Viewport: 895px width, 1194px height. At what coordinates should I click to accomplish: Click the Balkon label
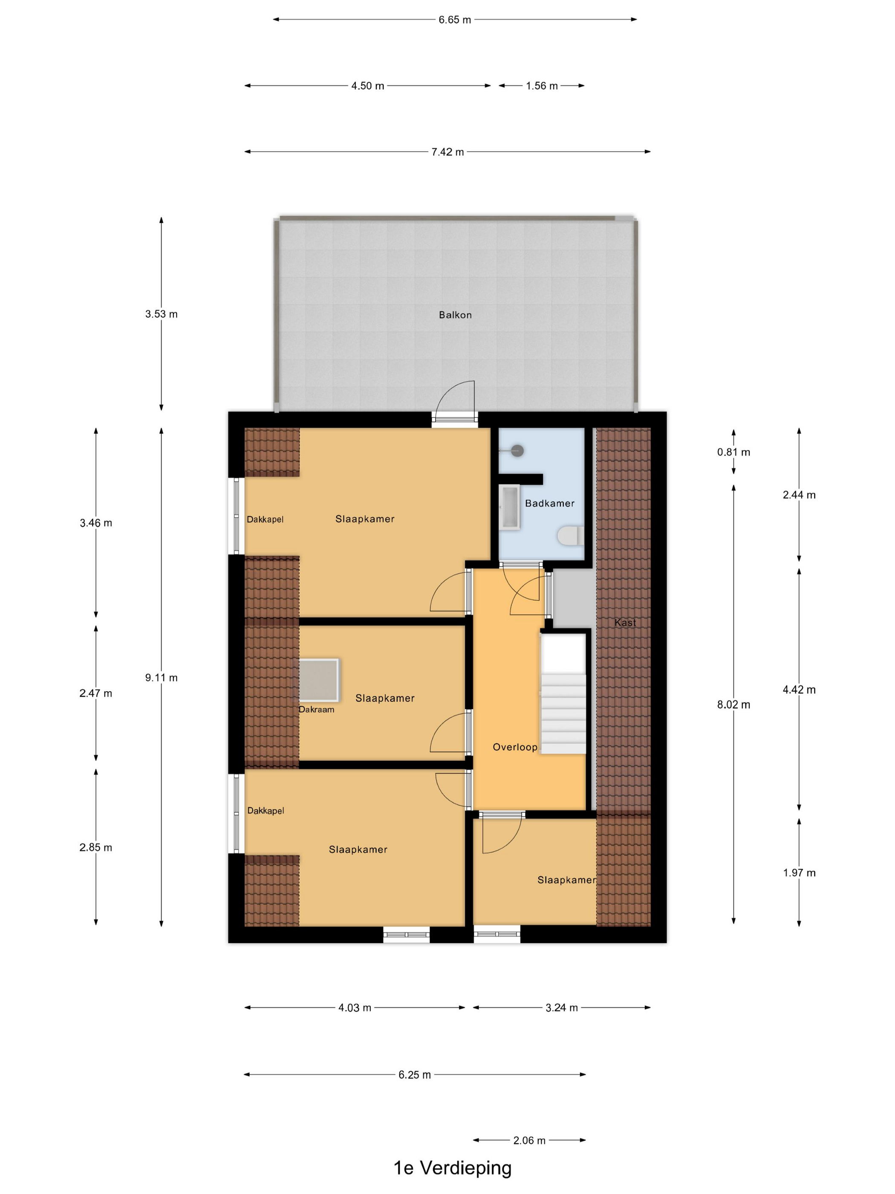point(455,315)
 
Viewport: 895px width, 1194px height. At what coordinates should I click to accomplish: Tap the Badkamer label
point(549,503)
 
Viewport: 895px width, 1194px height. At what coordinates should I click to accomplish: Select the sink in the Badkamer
point(510,506)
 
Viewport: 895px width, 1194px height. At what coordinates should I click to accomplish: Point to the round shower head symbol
point(517,451)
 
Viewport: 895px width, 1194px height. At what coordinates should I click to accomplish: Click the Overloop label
point(515,747)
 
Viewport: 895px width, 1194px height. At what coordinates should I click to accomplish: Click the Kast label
point(625,622)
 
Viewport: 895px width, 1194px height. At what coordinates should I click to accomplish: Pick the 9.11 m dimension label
point(161,678)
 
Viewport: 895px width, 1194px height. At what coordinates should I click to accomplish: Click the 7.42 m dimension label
point(447,152)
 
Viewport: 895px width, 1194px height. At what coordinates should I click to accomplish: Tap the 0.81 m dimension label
point(733,452)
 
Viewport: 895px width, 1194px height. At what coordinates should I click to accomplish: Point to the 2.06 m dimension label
point(529,1140)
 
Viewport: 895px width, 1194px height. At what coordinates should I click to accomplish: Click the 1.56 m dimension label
point(542,86)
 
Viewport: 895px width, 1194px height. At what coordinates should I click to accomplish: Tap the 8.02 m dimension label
point(733,704)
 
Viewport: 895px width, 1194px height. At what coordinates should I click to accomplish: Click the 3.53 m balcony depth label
point(161,313)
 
